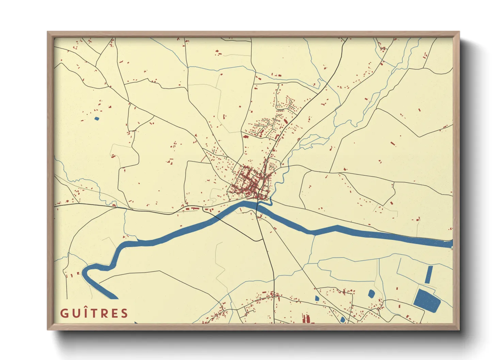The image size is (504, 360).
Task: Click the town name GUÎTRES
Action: tap(94, 313)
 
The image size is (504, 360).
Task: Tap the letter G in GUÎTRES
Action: tap(64, 313)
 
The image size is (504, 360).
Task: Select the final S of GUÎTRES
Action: tap(124, 313)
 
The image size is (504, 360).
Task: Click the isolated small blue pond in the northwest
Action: tap(97, 119)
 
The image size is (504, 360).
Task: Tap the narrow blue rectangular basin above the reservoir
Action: tap(429, 275)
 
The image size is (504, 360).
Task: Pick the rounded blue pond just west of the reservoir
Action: tap(371, 294)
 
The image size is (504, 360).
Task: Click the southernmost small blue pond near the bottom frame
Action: tap(343, 320)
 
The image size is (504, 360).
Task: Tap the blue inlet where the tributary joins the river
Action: tap(269, 203)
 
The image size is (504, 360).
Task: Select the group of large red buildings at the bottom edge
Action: tap(306, 318)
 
